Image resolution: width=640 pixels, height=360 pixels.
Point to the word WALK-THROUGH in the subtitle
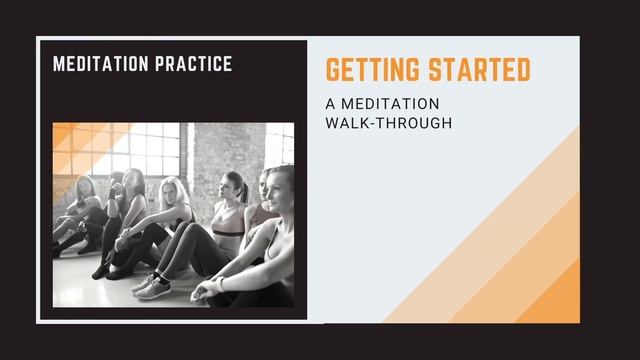click(x=390, y=123)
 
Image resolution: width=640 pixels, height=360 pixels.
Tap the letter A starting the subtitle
click(x=331, y=104)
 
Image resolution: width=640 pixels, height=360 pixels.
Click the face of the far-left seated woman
click(x=85, y=187)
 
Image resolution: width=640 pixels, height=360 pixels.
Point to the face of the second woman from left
click(x=132, y=185)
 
